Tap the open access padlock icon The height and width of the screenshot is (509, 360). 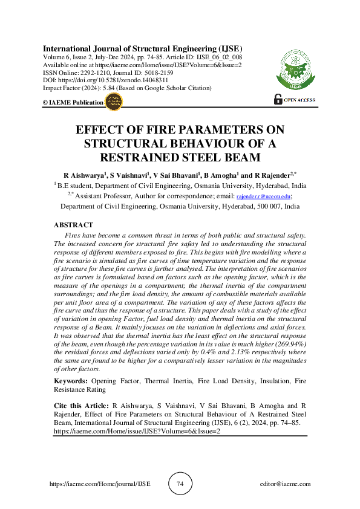click(x=278, y=100)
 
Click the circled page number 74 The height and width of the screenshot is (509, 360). click(x=180, y=484)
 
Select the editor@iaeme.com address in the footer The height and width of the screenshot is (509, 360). click(x=284, y=484)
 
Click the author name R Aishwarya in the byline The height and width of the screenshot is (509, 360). click(x=84, y=175)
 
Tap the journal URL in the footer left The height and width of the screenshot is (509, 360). click(x=99, y=484)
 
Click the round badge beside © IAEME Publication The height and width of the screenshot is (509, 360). click(x=113, y=102)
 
